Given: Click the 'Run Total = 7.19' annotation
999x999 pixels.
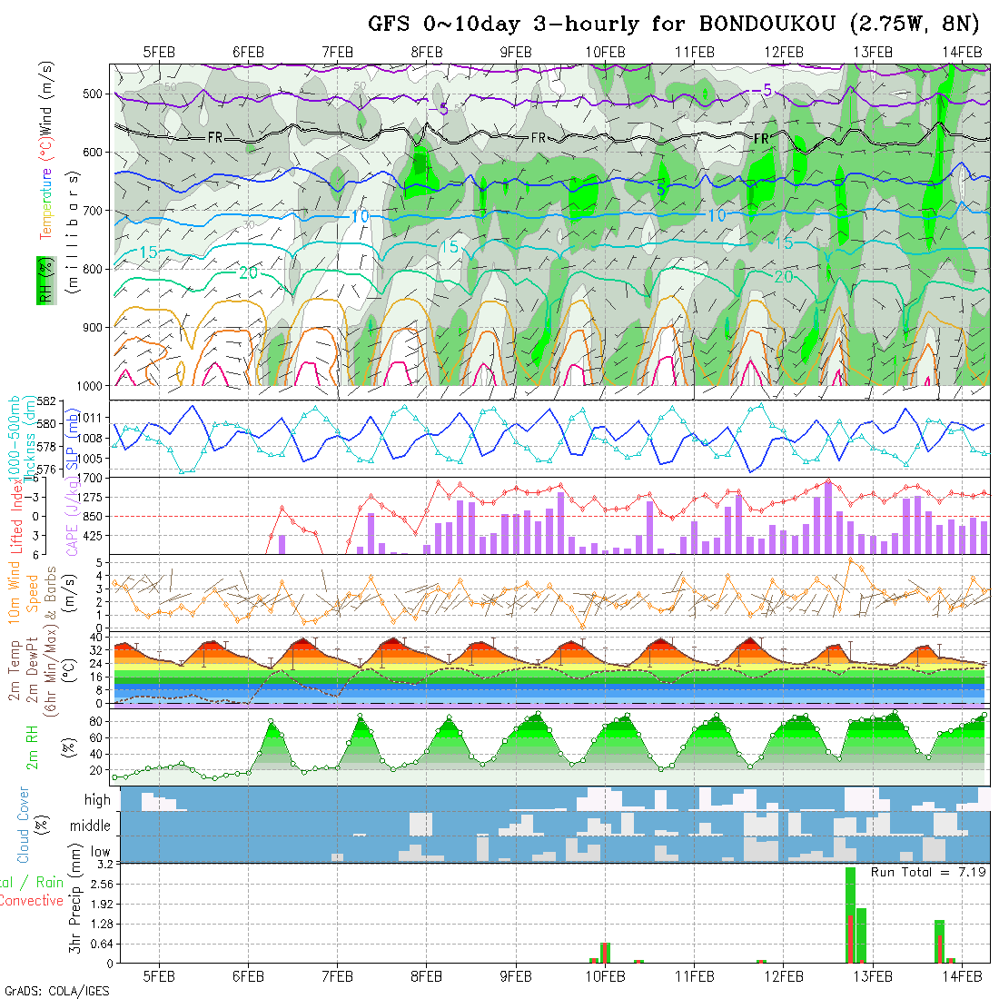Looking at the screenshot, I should click(x=928, y=872).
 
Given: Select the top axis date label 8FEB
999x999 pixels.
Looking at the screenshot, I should click(x=426, y=53).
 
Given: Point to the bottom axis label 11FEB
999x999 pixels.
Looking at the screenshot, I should click(x=694, y=976).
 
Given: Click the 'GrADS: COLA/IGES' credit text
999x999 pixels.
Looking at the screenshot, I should click(x=56, y=991).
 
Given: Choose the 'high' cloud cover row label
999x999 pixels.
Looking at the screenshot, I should click(x=97, y=800).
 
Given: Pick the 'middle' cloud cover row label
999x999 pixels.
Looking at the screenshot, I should click(x=90, y=826).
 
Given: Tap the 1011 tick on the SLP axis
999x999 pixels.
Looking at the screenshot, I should click(x=92, y=418).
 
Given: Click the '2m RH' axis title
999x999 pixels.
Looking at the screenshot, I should click(x=33, y=746).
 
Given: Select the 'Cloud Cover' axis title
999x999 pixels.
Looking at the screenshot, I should click(x=24, y=825).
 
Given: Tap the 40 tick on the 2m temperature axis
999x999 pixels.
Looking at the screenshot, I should click(x=94, y=638).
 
